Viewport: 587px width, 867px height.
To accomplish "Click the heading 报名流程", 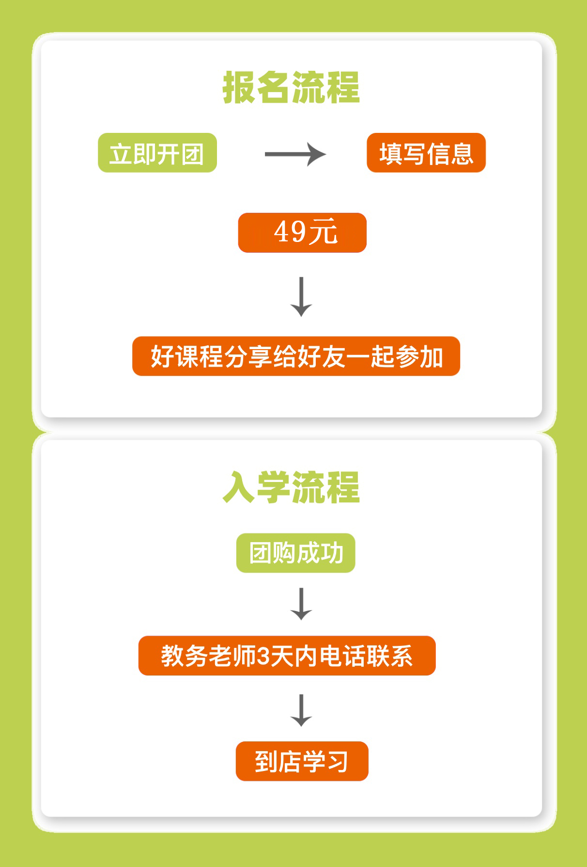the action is [x=291, y=88].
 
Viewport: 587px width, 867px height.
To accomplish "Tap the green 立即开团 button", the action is [x=157, y=153].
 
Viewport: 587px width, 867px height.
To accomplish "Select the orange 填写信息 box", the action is [x=426, y=153].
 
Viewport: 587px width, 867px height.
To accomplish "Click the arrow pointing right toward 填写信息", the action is [x=295, y=154].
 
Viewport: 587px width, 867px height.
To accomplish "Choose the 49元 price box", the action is [x=302, y=233].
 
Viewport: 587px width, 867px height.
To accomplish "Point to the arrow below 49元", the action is [x=301, y=296].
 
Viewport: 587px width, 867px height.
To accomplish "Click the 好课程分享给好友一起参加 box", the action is [x=296, y=356].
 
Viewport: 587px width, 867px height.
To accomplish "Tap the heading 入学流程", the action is [x=291, y=487].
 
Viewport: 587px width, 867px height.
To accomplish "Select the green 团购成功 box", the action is [x=296, y=553].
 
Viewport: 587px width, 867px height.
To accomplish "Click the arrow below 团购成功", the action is [x=301, y=604].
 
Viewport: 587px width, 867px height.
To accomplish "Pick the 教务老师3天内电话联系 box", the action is [x=287, y=656].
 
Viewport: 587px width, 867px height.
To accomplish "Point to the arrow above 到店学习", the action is [x=301, y=710].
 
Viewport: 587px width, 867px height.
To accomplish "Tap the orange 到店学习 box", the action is [x=302, y=761].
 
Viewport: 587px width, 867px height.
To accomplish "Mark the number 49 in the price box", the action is [x=289, y=232].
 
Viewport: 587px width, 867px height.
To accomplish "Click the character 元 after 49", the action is [x=324, y=232].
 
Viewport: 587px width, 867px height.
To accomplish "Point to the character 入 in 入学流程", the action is [x=239, y=487].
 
